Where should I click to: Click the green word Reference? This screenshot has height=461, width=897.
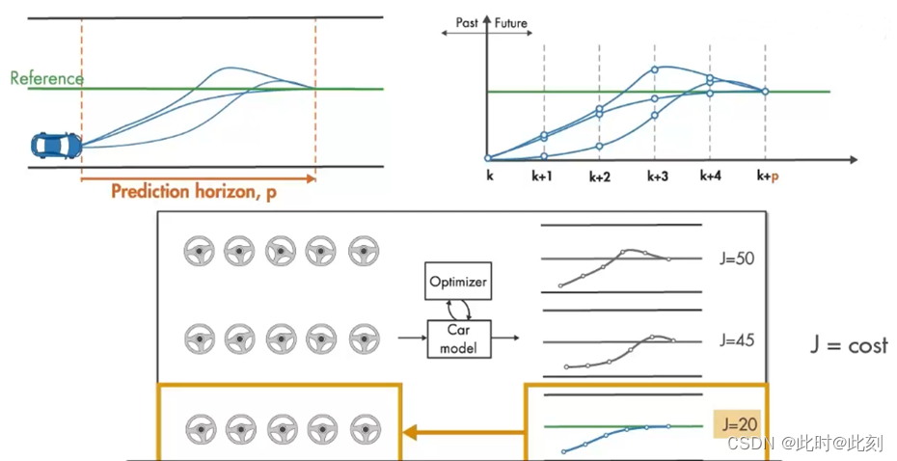[46, 78]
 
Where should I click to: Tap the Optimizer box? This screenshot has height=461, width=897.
[458, 283]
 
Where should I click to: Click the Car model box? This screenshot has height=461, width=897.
[458, 339]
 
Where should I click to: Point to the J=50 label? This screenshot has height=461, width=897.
[737, 259]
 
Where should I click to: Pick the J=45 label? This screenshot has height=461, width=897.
[737, 340]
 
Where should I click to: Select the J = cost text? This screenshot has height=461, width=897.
[849, 345]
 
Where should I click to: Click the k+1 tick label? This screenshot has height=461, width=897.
[544, 177]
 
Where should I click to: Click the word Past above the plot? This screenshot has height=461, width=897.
[466, 22]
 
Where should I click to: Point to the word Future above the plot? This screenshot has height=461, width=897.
[511, 22]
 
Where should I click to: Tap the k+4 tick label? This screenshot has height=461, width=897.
[710, 177]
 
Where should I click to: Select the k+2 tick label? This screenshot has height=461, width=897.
[599, 177]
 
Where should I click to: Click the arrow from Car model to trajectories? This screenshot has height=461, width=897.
[503, 339]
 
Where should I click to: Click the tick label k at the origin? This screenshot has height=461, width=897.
[488, 177]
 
